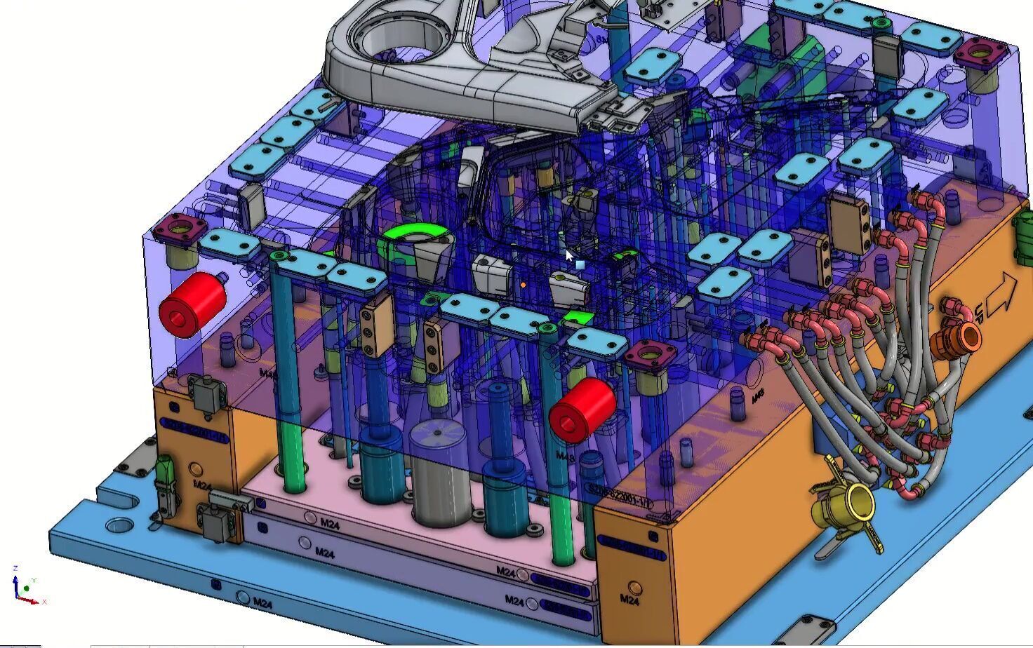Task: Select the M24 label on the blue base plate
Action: pos(262,602)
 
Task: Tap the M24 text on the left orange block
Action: pos(202,485)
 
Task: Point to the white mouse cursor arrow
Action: pos(569,255)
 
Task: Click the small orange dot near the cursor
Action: pos(524,285)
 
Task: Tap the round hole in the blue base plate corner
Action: pos(120,525)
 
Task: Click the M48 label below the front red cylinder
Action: pos(565,457)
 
